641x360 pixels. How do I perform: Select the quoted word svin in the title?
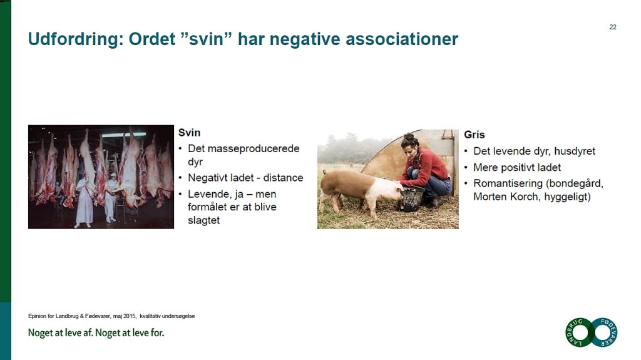coord(206,39)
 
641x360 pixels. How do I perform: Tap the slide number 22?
coord(613,27)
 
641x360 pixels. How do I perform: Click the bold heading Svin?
coord(189,133)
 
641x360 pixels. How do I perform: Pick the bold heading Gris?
coord(474,135)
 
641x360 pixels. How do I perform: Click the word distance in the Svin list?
coord(284,178)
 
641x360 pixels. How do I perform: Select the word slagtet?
coord(203,220)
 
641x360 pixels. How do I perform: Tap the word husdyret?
coord(575,152)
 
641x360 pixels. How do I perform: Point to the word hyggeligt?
coord(567,197)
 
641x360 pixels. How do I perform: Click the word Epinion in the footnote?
coord(37,316)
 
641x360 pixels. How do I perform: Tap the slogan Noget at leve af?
coord(61,333)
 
